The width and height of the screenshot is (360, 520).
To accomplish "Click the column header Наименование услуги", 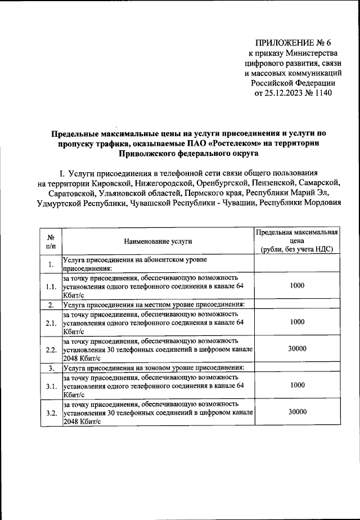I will click(158, 241).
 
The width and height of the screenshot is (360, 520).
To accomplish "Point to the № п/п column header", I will click(51, 241).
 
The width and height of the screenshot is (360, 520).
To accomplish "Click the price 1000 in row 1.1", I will click(297, 286).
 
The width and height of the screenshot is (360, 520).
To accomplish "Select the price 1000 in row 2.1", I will click(297, 322).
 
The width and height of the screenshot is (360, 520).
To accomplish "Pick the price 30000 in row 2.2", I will click(297, 349).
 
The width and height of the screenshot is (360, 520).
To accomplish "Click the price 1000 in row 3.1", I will click(297, 385).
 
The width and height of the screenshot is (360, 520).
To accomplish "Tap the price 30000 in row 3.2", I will click(297, 412).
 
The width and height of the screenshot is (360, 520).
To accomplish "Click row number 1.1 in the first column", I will click(51, 286).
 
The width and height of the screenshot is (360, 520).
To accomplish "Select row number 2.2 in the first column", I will click(51, 349).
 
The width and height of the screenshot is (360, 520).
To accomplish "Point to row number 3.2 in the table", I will click(51, 413).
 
